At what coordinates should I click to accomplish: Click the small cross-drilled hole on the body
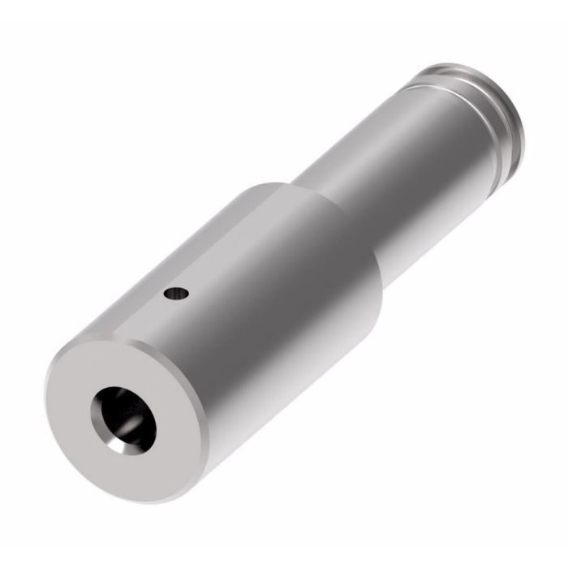(x=176, y=294)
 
